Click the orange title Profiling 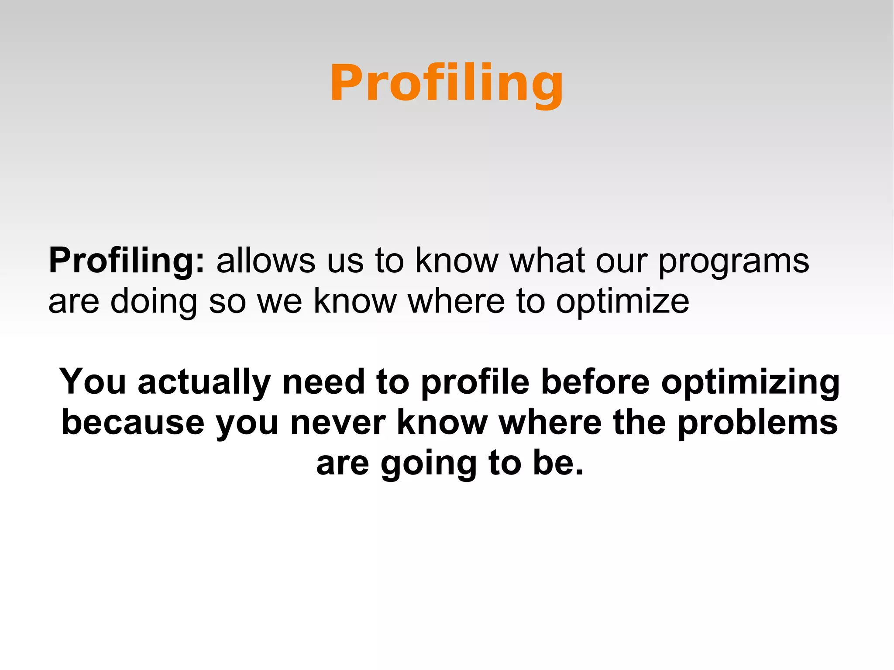[x=447, y=83]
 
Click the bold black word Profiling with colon [x=126, y=261]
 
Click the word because [x=133, y=423]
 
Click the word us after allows [x=345, y=262]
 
